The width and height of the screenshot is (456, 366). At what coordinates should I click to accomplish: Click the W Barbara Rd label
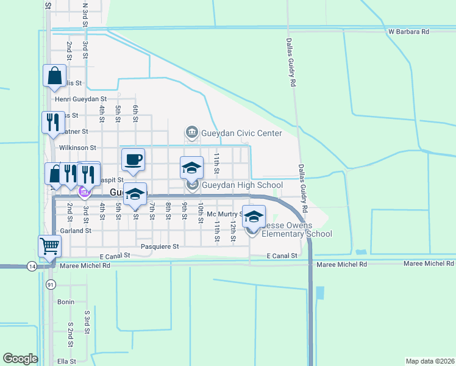point(408,31)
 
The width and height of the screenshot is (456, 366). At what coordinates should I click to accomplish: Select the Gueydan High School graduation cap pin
point(191,167)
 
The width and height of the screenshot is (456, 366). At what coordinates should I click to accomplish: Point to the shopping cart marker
point(50,246)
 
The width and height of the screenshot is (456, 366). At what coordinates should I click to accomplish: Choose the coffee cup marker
point(134,160)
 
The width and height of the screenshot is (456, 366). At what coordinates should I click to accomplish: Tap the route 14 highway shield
point(31,266)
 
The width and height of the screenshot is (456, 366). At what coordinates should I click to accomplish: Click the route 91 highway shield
point(51,284)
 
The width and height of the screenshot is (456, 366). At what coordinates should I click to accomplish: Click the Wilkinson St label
point(77,148)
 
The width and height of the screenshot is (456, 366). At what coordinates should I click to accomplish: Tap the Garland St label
point(76,231)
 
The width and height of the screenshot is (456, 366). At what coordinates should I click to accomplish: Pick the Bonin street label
point(66,302)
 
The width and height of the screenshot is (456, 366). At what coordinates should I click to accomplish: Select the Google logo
point(20,359)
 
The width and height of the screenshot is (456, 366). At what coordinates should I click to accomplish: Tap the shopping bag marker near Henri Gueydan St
point(54,76)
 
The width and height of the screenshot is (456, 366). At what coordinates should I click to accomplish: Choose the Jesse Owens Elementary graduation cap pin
point(254,216)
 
